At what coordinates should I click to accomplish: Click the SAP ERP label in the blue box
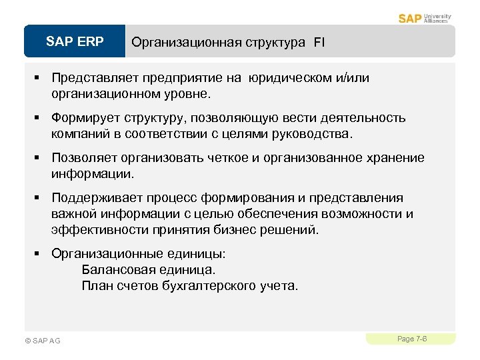pos(75,42)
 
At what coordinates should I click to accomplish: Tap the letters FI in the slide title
pos(320,43)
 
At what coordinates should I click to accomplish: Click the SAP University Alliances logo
pos(425,18)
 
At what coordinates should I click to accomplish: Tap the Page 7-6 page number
pos(412,339)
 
